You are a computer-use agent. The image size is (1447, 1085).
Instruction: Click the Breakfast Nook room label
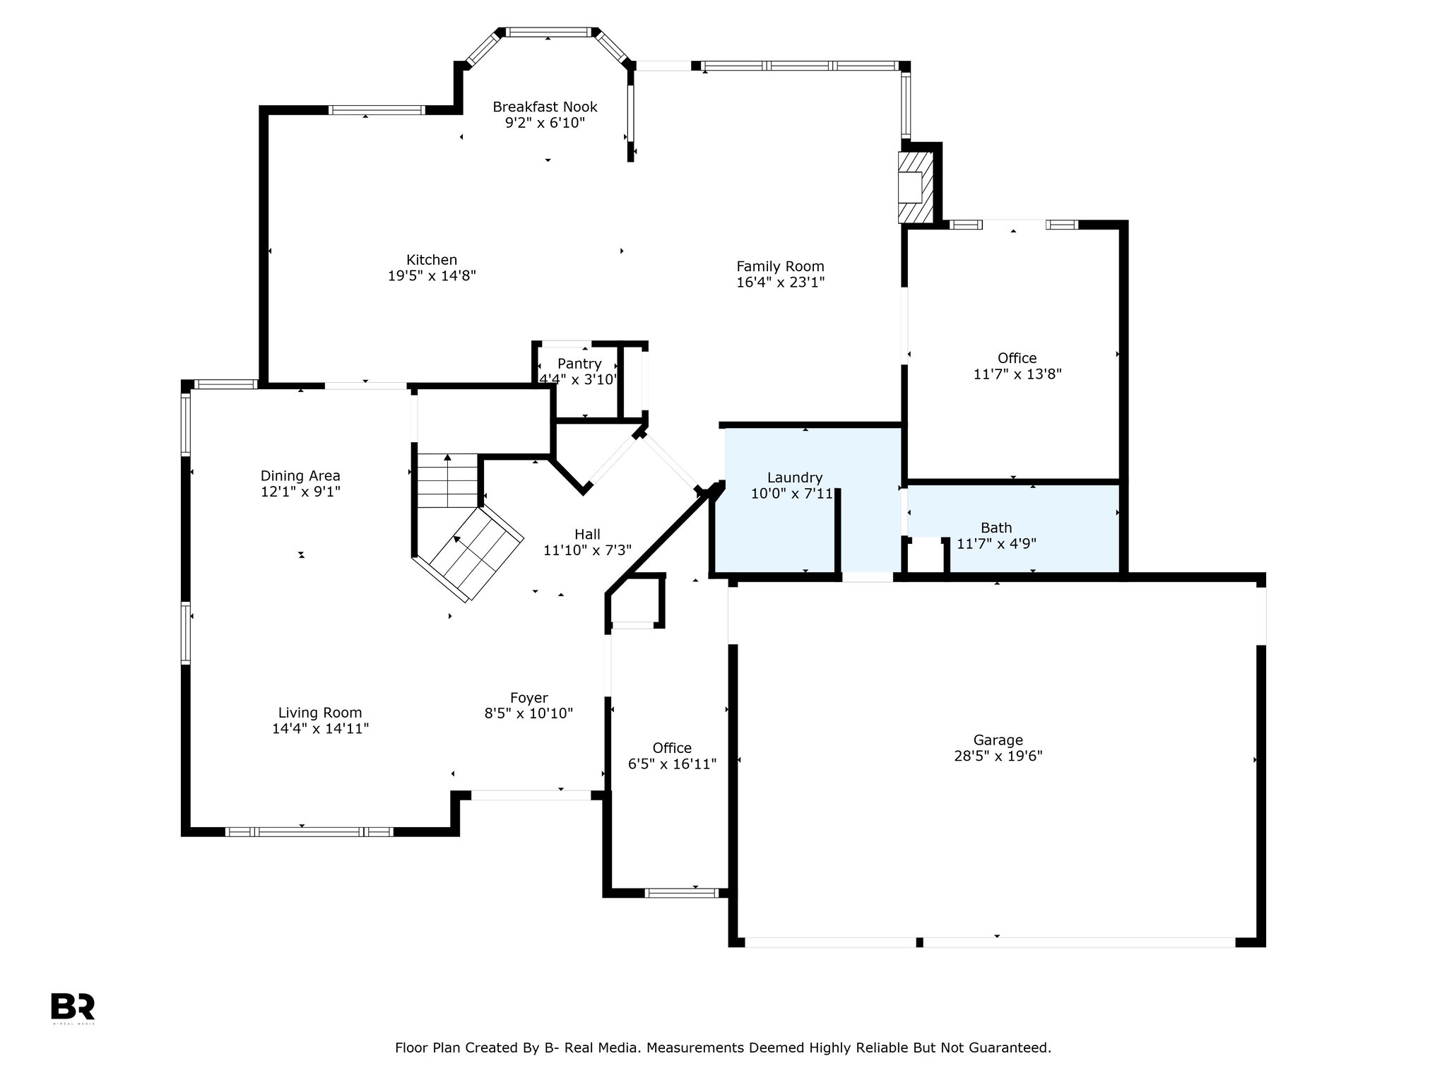tap(545, 107)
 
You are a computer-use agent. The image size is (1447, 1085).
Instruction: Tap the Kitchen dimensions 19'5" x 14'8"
tap(432, 275)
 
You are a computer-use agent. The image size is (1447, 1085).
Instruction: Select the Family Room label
tap(780, 266)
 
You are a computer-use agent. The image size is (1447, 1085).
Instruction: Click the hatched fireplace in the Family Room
tap(916, 187)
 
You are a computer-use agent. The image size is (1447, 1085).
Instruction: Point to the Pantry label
tap(579, 364)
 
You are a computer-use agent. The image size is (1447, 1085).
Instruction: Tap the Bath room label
tap(996, 528)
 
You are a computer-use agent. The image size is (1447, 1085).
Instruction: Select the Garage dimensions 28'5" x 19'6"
tap(998, 756)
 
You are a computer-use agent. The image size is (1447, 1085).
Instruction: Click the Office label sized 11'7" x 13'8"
tap(1017, 358)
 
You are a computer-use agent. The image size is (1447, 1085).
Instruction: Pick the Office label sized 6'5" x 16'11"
tap(672, 748)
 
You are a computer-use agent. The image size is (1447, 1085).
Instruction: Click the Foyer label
tap(529, 698)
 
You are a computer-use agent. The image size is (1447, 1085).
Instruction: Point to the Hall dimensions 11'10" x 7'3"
tap(587, 550)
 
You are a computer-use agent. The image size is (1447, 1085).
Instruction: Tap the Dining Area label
tap(300, 475)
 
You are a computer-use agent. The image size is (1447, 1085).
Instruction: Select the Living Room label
tap(320, 713)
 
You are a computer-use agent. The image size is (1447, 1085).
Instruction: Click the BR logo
tap(73, 1007)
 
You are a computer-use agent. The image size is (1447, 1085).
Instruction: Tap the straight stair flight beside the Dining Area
tap(447, 480)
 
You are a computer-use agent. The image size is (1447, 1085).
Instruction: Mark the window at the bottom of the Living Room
tap(309, 832)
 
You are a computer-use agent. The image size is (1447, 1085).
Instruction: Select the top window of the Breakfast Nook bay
tap(548, 32)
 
